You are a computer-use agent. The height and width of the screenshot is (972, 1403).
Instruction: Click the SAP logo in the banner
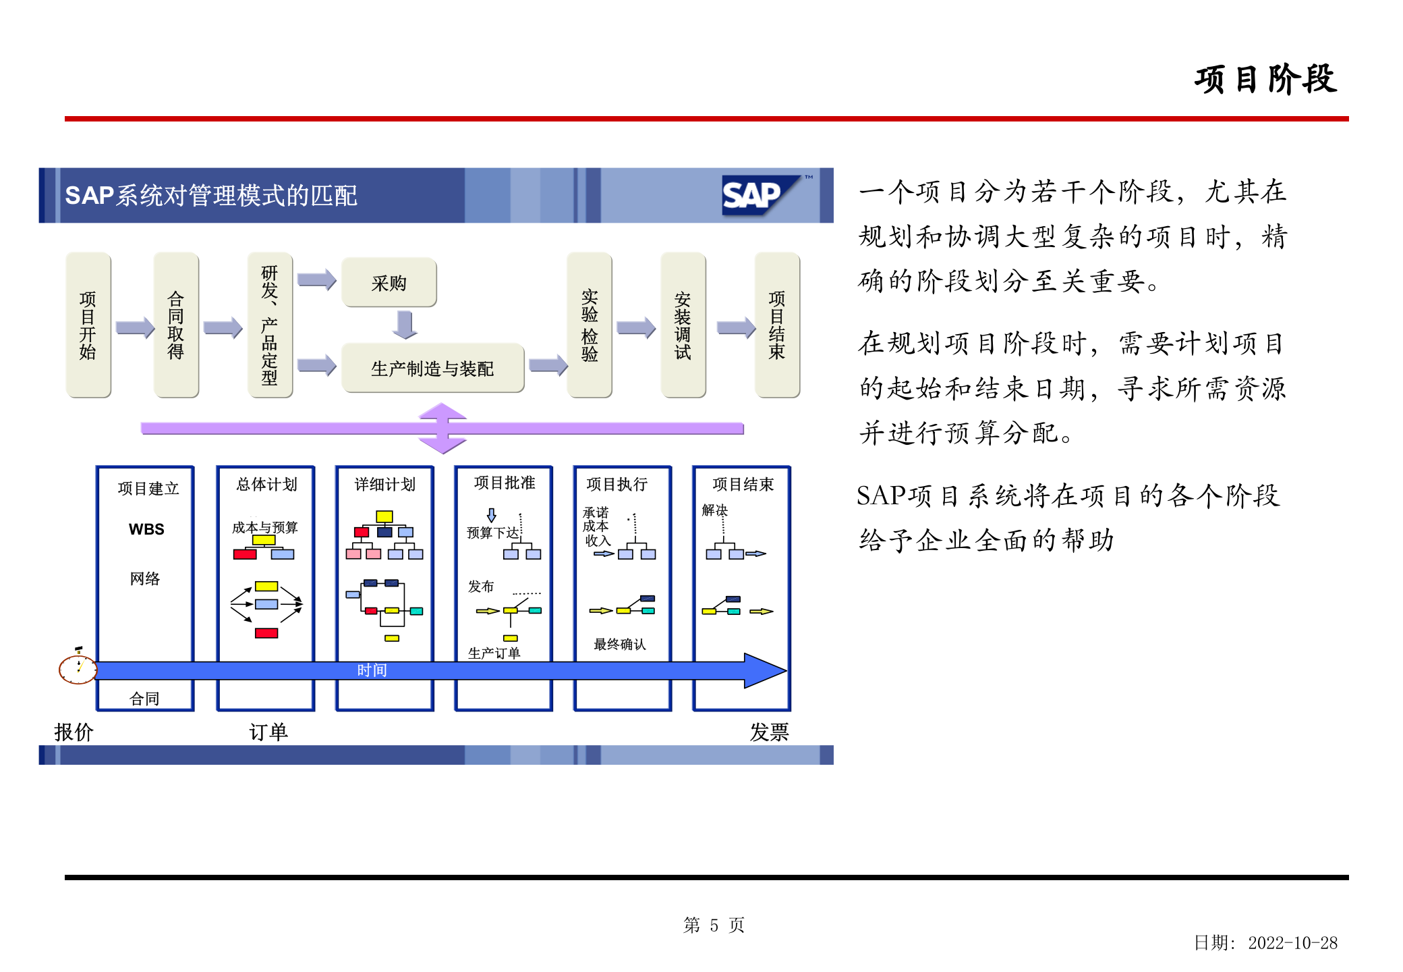pyautogui.click(x=758, y=196)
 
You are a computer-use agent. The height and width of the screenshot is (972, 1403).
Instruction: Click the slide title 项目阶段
pyautogui.click(x=1265, y=80)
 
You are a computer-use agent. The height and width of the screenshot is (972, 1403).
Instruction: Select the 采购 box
pyautogui.click(x=389, y=283)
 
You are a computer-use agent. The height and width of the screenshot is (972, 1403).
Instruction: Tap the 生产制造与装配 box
pyautogui.click(x=432, y=369)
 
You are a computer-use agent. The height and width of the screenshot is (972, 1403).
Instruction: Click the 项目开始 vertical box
pyautogui.click(x=88, y=325)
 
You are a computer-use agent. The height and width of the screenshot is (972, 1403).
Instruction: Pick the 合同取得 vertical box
pyautogui.click(x=176, y=325)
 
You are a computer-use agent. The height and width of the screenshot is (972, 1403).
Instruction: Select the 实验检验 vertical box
pyautogui.click(x=590, y=325)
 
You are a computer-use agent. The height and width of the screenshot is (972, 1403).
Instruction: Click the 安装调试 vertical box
pyautogui.click(x=683, y=325)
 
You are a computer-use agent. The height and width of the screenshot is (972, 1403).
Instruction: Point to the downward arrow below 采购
pyautogui.click(x=405, y=325)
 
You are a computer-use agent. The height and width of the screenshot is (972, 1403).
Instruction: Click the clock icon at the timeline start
pyautogui.click(x=78, y=669)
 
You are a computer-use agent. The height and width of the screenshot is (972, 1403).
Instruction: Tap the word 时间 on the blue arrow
pyautogui.click(x=372, y=670)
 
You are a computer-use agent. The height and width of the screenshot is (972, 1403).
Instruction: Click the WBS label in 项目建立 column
pyautogui.click(x=146, y=529)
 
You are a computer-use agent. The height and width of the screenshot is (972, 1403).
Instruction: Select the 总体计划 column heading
pyautogui.click(x=266, y=485)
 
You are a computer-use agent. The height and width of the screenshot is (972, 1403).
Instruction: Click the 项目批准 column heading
pyautogui.click(x=505, y=483)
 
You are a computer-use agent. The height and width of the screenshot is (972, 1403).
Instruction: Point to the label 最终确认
pyautogui.click(x=619, y=645)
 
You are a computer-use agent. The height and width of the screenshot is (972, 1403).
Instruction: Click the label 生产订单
pyautogui.click(x=494, y=653)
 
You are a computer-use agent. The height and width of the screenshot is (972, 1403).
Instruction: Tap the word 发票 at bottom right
pyautogui.click(x=769, y=732)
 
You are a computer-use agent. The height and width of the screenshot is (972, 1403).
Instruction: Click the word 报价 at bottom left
pyautogui.click(x=74, y=732)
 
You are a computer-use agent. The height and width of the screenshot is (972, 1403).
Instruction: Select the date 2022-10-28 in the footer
pyautogui.click(x=1292, y=943)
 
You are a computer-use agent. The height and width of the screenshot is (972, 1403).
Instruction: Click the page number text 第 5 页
pyautogui.click(x=714, y=925)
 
